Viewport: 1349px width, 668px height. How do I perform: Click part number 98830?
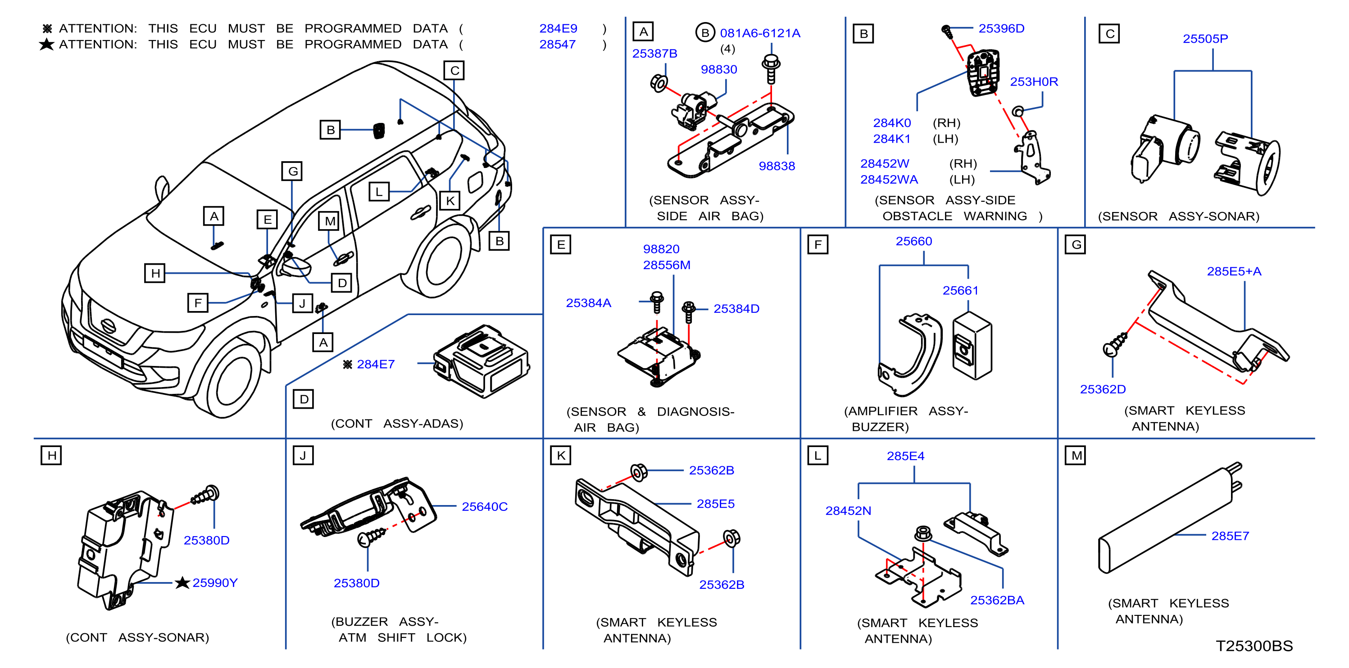[718, 70]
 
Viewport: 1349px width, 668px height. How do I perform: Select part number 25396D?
[1001, 29]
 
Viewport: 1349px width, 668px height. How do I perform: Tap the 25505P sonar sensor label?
[1205, 39]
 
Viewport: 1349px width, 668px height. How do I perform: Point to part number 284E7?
[376, 364]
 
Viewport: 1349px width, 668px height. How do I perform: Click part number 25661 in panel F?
[960, 290]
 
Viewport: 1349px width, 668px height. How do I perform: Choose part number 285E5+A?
[1234, 271]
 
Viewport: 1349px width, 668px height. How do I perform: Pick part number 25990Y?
[215, 582]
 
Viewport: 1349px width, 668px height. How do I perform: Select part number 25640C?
[484, 507]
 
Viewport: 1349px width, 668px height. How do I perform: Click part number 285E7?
[1230, 536]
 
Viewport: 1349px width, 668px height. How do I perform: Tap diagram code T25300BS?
[1254, 646]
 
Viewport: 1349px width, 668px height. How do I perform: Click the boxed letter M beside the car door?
[330, 221]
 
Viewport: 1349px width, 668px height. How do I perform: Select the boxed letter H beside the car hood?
[155, 273]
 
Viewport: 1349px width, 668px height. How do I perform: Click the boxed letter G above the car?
[293, 171]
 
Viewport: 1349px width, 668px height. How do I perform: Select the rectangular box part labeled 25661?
[972, 346]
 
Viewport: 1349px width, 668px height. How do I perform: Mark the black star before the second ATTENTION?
[46, 45]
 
